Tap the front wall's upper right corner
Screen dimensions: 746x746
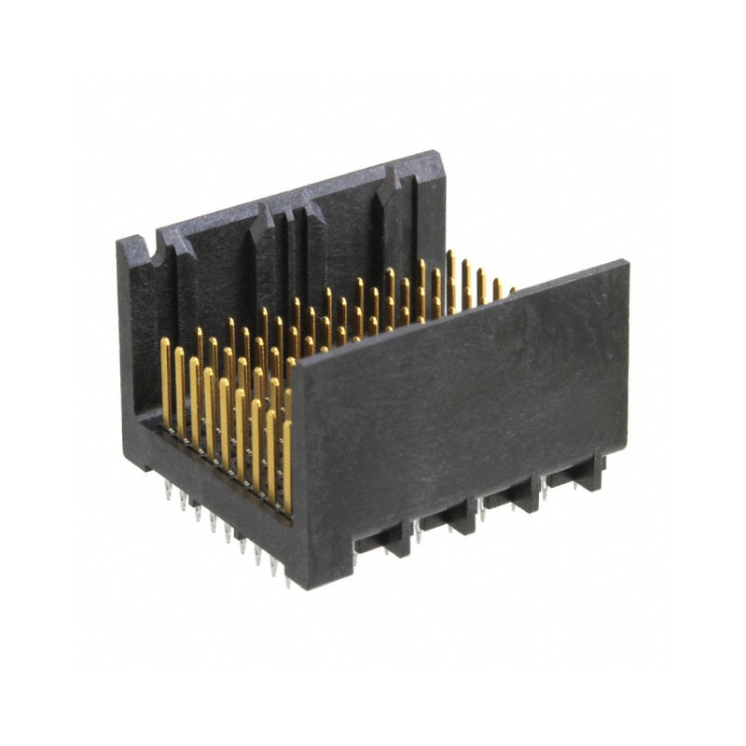tap(626, 264)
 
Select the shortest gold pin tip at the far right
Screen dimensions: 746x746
tap(511, 292)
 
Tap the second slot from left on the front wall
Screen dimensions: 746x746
tap(446, 515)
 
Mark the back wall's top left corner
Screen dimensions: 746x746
tap(119, 242)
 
